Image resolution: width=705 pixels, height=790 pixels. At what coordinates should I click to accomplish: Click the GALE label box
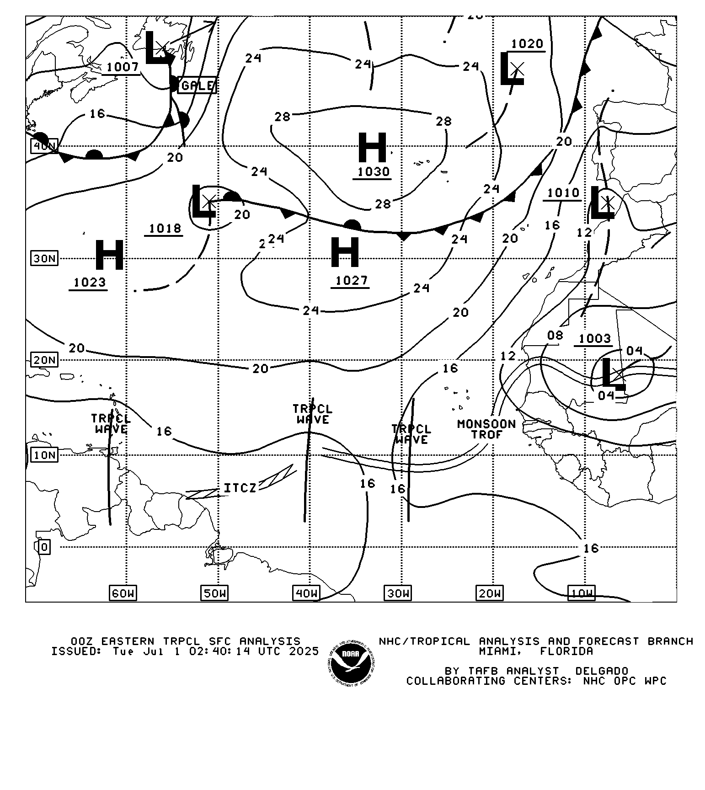[197, 85]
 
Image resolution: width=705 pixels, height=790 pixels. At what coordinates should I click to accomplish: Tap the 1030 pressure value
[373, 171]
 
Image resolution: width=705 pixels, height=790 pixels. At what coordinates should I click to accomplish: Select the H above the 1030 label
[372, 147]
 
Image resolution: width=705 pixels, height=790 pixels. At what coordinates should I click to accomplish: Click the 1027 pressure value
[351, 280]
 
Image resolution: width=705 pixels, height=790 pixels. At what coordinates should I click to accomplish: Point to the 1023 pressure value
[90, 282]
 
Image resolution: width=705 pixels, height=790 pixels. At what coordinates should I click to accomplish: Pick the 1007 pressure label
[122, 67]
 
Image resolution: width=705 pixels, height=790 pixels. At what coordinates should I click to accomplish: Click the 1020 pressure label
[527, 44]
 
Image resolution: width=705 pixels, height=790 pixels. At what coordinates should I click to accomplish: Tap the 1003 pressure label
[594, 338]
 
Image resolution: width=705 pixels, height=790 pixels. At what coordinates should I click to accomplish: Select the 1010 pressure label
[563, 192]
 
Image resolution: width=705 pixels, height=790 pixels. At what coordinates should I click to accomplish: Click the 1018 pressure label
[165, 228]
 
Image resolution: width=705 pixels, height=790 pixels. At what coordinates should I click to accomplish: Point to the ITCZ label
[240, 488]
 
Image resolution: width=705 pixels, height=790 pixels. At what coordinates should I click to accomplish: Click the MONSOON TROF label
[486, 429]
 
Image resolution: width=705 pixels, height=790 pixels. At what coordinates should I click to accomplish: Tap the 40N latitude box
[44, 146]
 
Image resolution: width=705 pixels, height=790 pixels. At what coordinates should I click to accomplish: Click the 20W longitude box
[490, 593]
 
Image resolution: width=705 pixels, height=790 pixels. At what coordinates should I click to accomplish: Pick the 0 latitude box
[44, 547]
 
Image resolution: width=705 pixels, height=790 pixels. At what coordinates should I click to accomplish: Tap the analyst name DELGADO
[601, 671]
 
